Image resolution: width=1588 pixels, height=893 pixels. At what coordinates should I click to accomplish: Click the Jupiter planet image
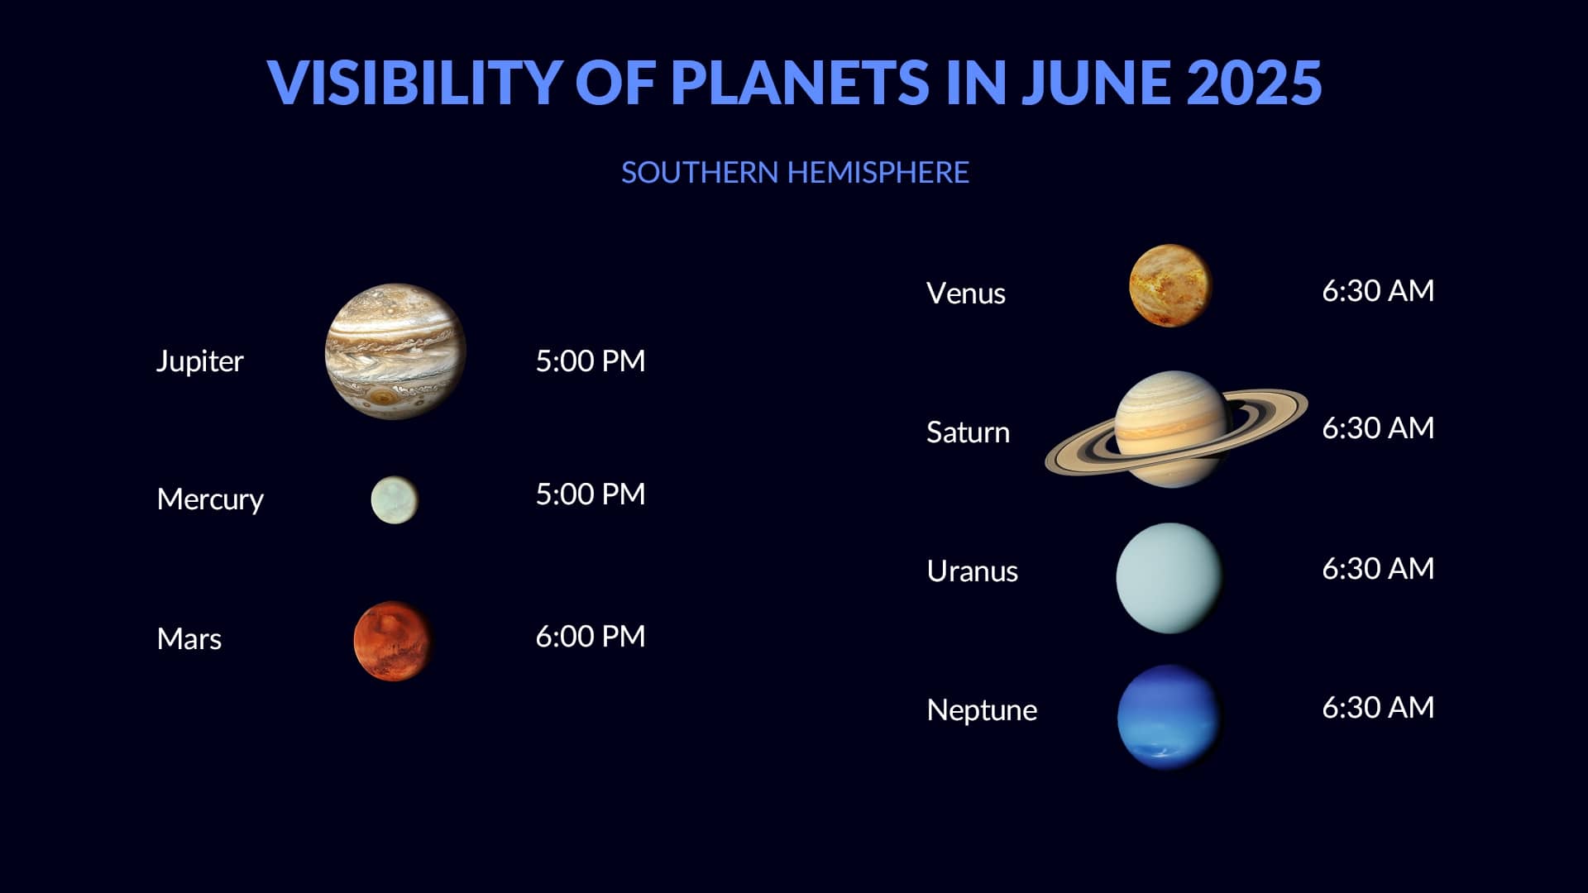pyautogui.click(x=395, y=351)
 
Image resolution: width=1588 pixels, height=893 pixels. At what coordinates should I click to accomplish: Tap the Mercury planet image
pyautogui.click(x=395, y=499)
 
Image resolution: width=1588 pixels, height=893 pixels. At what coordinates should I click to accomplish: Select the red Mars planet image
pyautogui.click(x=393, y=642)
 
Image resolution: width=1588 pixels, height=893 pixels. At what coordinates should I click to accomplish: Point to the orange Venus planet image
pyautogui.click(x=1169, y=285)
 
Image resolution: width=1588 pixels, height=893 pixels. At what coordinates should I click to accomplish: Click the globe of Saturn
pyautogui.click(x=1171, y=429)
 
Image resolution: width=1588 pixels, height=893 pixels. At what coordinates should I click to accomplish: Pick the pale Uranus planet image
pyautogui.click(x=1169, y=578)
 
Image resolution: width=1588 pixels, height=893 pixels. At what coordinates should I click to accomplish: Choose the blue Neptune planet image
pyautogui.click(x=1169, y=717)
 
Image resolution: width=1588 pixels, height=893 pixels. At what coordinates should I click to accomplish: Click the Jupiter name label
pyautogui.click(x=200, y=361)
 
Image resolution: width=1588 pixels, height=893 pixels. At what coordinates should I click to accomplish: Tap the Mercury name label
pyautogui.click(x=210, y=499)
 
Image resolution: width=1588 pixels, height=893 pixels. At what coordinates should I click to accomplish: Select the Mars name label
pyautogui.click(x=189, y=638)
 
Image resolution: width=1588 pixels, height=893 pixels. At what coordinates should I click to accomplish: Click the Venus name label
pyautogui.click(x=966, y=294)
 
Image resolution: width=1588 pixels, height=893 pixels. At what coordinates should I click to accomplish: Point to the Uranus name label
pyautogui.click(x=973, y=571)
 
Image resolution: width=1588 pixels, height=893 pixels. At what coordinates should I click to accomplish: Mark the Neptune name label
pyautogui.click(x=982, y=710)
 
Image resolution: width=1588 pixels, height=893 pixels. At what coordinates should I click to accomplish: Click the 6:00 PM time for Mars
pyautogui.click(x=591, y=636)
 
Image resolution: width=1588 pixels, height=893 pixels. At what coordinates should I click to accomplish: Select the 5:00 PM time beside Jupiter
pyautogui.click(x=591, y=361)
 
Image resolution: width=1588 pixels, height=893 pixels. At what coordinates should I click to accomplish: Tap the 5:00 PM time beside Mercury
pyautogui.click(x=591, y=494)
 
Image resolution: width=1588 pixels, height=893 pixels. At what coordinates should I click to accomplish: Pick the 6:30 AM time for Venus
pyautogui.click(x=1378, y=290)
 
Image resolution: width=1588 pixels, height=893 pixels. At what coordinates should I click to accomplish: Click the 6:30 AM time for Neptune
pyautogui.click(x=1378, y=707)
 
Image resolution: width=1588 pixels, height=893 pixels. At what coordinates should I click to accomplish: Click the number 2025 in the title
pyautogui.click(x=1254, y=82)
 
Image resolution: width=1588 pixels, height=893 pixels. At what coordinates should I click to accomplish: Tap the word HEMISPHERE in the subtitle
pyautogui.click(x=878, y=172)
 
